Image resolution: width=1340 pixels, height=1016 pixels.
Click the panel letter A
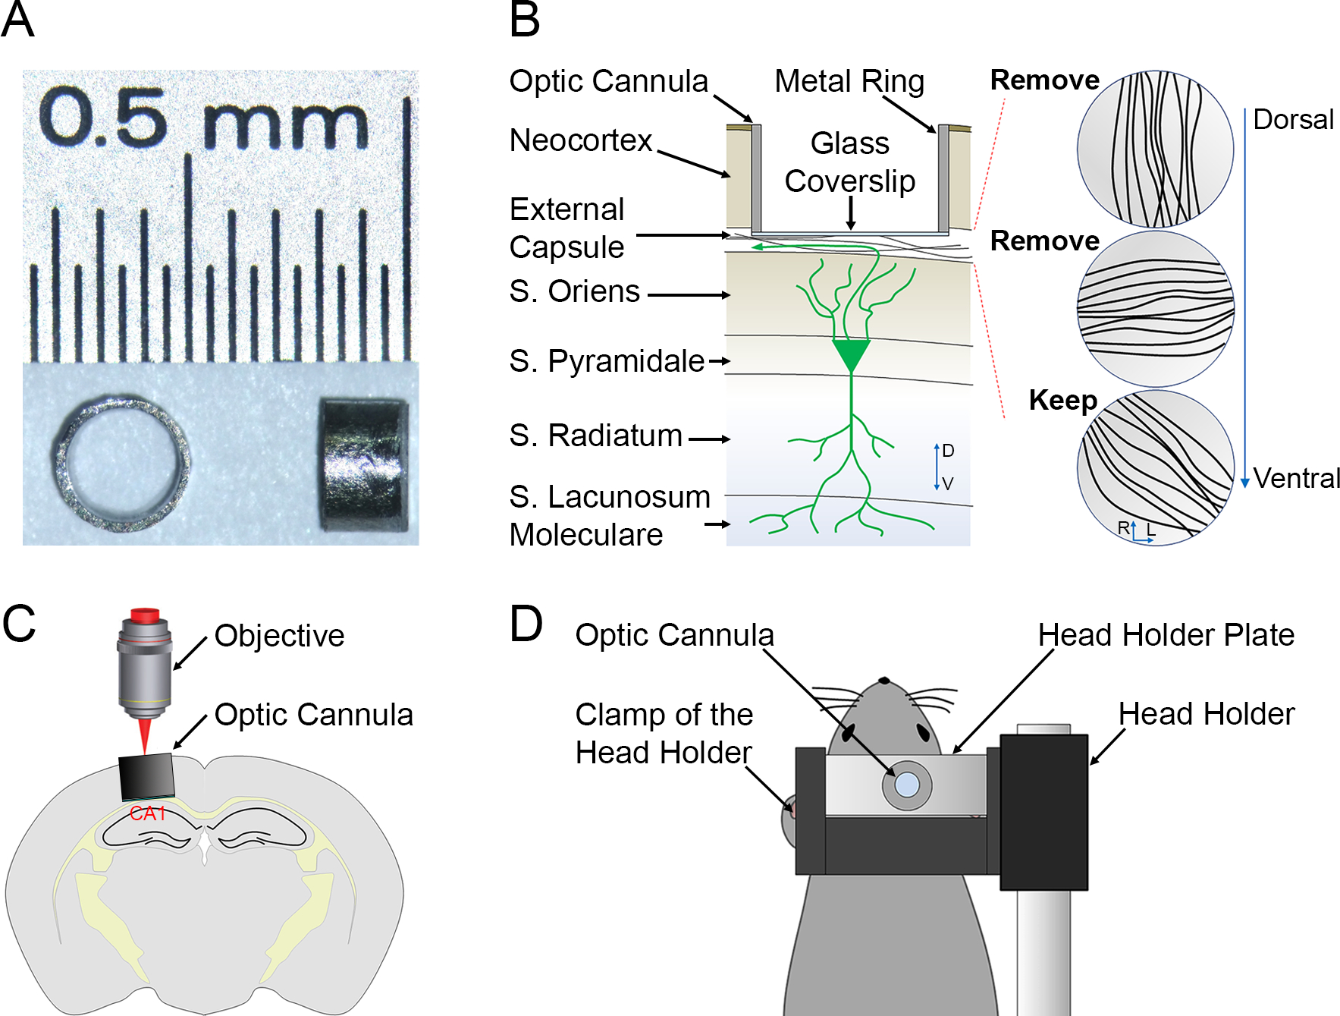click(18, 20)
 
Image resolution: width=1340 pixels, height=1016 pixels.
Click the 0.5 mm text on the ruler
click(203, 118)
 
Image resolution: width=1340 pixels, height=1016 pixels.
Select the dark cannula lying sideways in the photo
click(363, 464)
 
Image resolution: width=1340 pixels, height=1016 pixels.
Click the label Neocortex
click(581, 140)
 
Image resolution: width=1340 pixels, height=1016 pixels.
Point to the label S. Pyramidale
click(607, 361)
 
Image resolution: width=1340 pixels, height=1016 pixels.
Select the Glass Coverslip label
click(850, 162)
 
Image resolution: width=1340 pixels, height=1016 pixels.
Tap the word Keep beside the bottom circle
click(1062, 401)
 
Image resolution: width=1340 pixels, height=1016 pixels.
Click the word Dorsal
click(1293, 120)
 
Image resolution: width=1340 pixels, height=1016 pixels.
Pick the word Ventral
click(1296, 479)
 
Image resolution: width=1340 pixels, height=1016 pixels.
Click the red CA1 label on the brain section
click(147, 813)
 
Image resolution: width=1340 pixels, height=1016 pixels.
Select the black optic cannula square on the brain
click(147, 777)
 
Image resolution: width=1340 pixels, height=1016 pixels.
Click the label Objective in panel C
click(279, 636)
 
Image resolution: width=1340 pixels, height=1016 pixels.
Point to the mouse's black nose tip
click(883, 681)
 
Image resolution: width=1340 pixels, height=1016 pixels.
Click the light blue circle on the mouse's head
click(907, 785)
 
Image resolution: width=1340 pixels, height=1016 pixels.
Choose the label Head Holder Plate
click(1166, 635)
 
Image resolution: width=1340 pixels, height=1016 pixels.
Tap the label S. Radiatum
click(596, 436)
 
